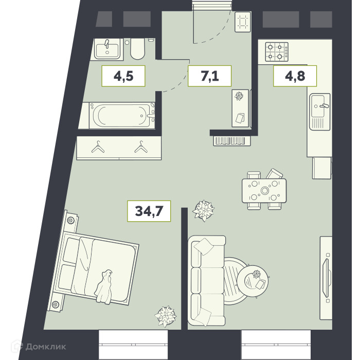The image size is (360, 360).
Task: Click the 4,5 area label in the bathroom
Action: coord(123,76)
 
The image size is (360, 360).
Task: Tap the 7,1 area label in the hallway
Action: coord(210,76)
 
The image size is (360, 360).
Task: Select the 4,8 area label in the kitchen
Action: coord(295,76)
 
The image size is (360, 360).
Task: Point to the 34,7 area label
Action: coord(149,211)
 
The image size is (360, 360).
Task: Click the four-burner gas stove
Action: coord(277,52)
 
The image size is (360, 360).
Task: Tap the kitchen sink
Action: coord(319,112)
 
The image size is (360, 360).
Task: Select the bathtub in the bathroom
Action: coord(122,115)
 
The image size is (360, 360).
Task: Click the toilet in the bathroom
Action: coord(137,49)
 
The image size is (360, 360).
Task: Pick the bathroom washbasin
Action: coord(107,49)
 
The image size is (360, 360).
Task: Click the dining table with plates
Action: coord(264,191)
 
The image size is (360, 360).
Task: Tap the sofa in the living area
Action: coord(206,281)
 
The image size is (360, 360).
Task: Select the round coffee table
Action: coord(253,281)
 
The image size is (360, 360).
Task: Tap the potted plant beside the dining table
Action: coord(204,210)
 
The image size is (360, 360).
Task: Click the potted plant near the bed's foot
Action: coord(165,316)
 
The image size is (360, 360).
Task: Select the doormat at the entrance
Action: coord(243,22)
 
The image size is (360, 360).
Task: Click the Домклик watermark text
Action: coord(46,347)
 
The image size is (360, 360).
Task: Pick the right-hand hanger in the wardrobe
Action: coord(141,147)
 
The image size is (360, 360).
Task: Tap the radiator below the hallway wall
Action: coord(232,141)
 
